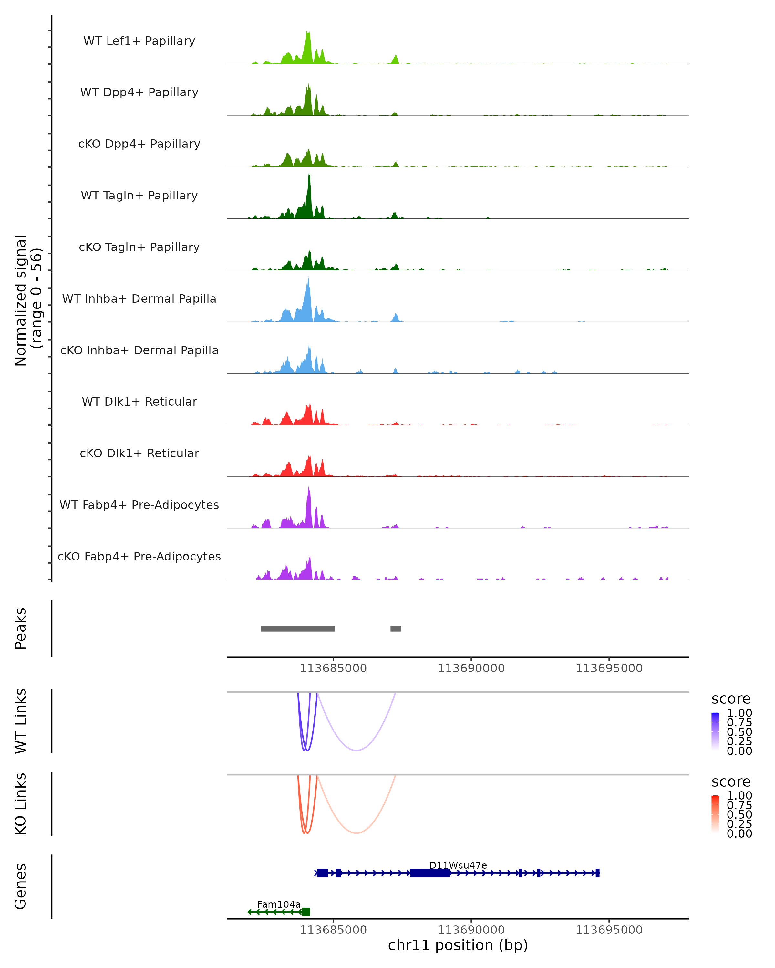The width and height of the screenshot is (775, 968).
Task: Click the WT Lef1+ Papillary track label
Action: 139,41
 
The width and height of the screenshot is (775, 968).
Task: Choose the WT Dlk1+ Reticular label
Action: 139,401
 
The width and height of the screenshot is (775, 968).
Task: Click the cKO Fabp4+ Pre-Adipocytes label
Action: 139,556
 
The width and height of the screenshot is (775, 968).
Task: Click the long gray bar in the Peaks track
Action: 298,629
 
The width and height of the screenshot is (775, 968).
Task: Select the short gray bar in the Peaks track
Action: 395,629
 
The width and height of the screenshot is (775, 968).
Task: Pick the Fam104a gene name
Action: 279,904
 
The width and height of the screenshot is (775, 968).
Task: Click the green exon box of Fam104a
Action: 306,912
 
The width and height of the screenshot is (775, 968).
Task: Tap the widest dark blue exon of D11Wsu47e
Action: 430,873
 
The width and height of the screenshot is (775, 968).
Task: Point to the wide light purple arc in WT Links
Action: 356,750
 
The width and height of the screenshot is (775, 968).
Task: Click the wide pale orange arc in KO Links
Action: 356,833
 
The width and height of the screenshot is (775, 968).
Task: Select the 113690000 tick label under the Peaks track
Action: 471,668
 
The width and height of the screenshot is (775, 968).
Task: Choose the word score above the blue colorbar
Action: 731,699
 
